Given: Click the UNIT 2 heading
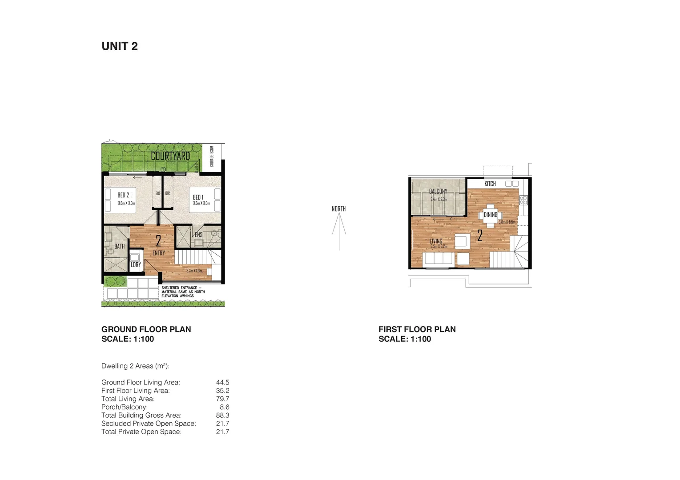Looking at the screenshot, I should [120, 46].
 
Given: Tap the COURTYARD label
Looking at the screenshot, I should [170, 156].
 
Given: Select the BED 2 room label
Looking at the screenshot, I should [123, 195].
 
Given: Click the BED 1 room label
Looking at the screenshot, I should [198, 197].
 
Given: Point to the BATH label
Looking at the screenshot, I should [120, 246].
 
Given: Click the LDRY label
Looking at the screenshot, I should [136, 264].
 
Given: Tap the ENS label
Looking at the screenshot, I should [198, 235].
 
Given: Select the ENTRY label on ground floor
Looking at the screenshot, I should [159, 253].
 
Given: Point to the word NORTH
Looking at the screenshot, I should [338, 208].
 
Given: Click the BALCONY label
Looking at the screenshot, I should [438, 191].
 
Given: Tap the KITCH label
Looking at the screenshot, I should [490, 184].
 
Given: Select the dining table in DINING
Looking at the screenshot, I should [491, 215].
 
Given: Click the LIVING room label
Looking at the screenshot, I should [436, 241].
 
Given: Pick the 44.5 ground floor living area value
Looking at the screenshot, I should [222, 382].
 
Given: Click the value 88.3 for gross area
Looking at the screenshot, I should [222, 415].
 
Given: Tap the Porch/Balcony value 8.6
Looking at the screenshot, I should [225, 407].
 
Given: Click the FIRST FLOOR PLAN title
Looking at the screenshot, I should [417, 329].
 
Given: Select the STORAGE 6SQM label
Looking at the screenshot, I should [212, 156].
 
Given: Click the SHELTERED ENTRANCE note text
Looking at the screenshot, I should [183, 292].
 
